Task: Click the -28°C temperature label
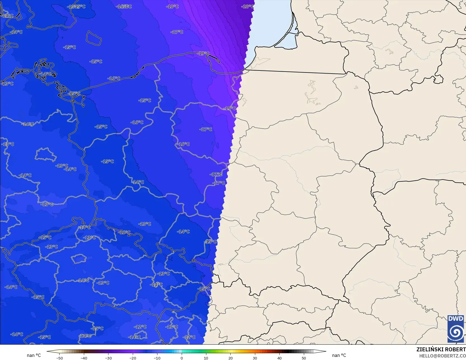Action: [248, 6]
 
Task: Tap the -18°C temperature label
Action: [172, 6]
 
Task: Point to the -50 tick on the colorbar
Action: [59, 358]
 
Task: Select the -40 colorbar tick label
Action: [84, 358]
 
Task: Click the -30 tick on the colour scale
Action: [108, 358]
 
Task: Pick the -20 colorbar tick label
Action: [133, 358]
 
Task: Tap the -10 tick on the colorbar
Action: [157, 358]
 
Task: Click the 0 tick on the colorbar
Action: [182, 358]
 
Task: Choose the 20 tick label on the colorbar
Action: [230, 358]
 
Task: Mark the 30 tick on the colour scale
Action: [255, 358]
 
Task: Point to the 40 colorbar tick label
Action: [279, 358]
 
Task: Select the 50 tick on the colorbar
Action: [304, 358]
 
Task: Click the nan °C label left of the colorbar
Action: [34, 355]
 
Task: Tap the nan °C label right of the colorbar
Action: [339, 355]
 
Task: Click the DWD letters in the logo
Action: [455, 319]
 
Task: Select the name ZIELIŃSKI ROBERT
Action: [441, 349]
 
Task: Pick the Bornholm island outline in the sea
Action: [93, 38]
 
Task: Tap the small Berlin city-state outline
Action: [45, 155]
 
